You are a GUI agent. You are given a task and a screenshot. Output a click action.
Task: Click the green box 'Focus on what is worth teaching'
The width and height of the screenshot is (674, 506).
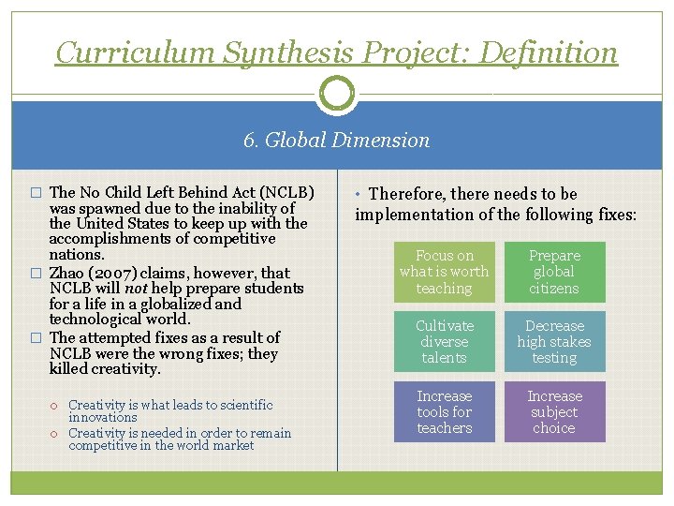(444, 272)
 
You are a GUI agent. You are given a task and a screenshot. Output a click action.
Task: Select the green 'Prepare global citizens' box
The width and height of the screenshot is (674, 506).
(554, 272)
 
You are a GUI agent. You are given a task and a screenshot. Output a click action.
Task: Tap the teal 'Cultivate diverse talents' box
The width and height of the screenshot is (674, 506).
(444, 342)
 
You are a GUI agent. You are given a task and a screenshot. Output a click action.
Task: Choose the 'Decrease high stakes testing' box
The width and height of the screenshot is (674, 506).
(554, 342)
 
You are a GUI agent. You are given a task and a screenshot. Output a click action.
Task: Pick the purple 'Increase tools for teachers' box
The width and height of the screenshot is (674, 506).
(444, 412)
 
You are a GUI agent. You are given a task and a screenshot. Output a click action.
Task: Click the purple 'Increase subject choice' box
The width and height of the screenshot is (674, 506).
(554, 412)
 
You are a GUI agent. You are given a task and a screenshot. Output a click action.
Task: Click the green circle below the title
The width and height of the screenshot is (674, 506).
(337, 94)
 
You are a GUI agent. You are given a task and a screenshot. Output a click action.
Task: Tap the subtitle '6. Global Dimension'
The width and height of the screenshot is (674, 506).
(337, 141)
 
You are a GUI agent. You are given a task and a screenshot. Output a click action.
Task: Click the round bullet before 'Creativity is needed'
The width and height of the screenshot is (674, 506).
(55, 434)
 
